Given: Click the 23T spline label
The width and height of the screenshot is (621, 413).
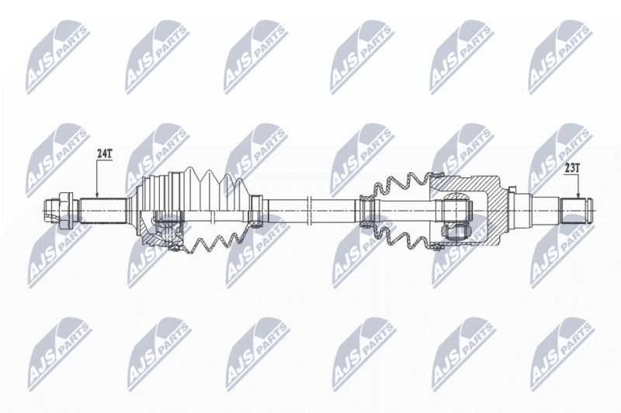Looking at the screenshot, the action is pos(572,168).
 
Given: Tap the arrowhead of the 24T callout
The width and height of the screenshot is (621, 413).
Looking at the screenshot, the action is pos(97,194).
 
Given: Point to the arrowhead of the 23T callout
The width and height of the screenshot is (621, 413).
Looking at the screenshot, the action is pos(578,195).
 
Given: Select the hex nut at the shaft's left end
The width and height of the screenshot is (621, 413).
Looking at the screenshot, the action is pos(66,210).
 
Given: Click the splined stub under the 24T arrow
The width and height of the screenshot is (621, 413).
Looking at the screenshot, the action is pos(102,211).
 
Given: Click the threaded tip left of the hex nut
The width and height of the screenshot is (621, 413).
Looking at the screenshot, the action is pos(50,210).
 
